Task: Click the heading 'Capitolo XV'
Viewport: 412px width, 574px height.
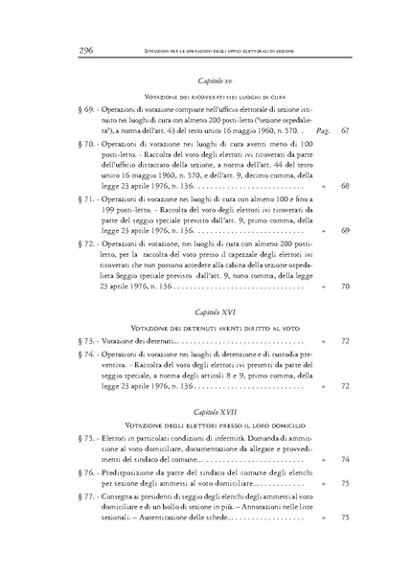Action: click(208, 83)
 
